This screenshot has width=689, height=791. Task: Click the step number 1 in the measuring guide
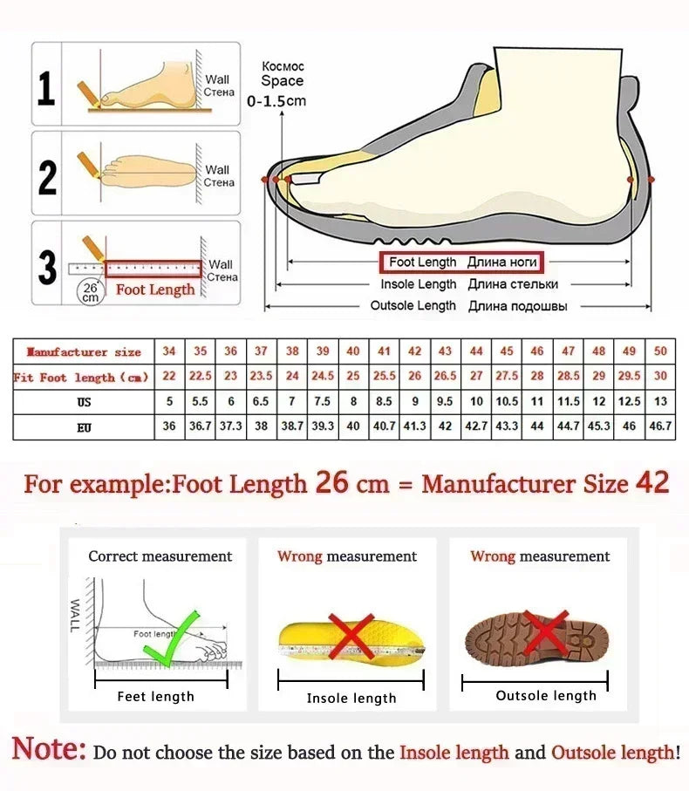pos(47,88)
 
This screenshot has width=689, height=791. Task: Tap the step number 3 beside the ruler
pos(47,268)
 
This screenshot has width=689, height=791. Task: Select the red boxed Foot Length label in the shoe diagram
pos(460,262)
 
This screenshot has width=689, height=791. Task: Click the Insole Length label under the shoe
pos(418,284)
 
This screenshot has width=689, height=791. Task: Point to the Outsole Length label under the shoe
pos(413,306)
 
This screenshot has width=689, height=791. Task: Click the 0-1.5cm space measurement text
pos(276,101)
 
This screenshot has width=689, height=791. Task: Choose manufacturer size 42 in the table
pos(415,351)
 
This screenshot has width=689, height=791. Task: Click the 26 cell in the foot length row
pos(415,377)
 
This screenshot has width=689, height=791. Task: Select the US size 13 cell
pos(660,402)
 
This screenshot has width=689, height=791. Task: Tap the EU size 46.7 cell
pos(660,426)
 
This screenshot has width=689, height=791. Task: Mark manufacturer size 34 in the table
pos(169,351)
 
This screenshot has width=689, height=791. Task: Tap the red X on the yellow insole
pos(351,636)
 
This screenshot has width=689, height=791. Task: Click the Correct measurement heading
pos(160,556)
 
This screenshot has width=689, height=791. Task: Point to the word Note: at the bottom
pos(50,749)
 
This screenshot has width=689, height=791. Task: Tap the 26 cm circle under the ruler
pos(90,291)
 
